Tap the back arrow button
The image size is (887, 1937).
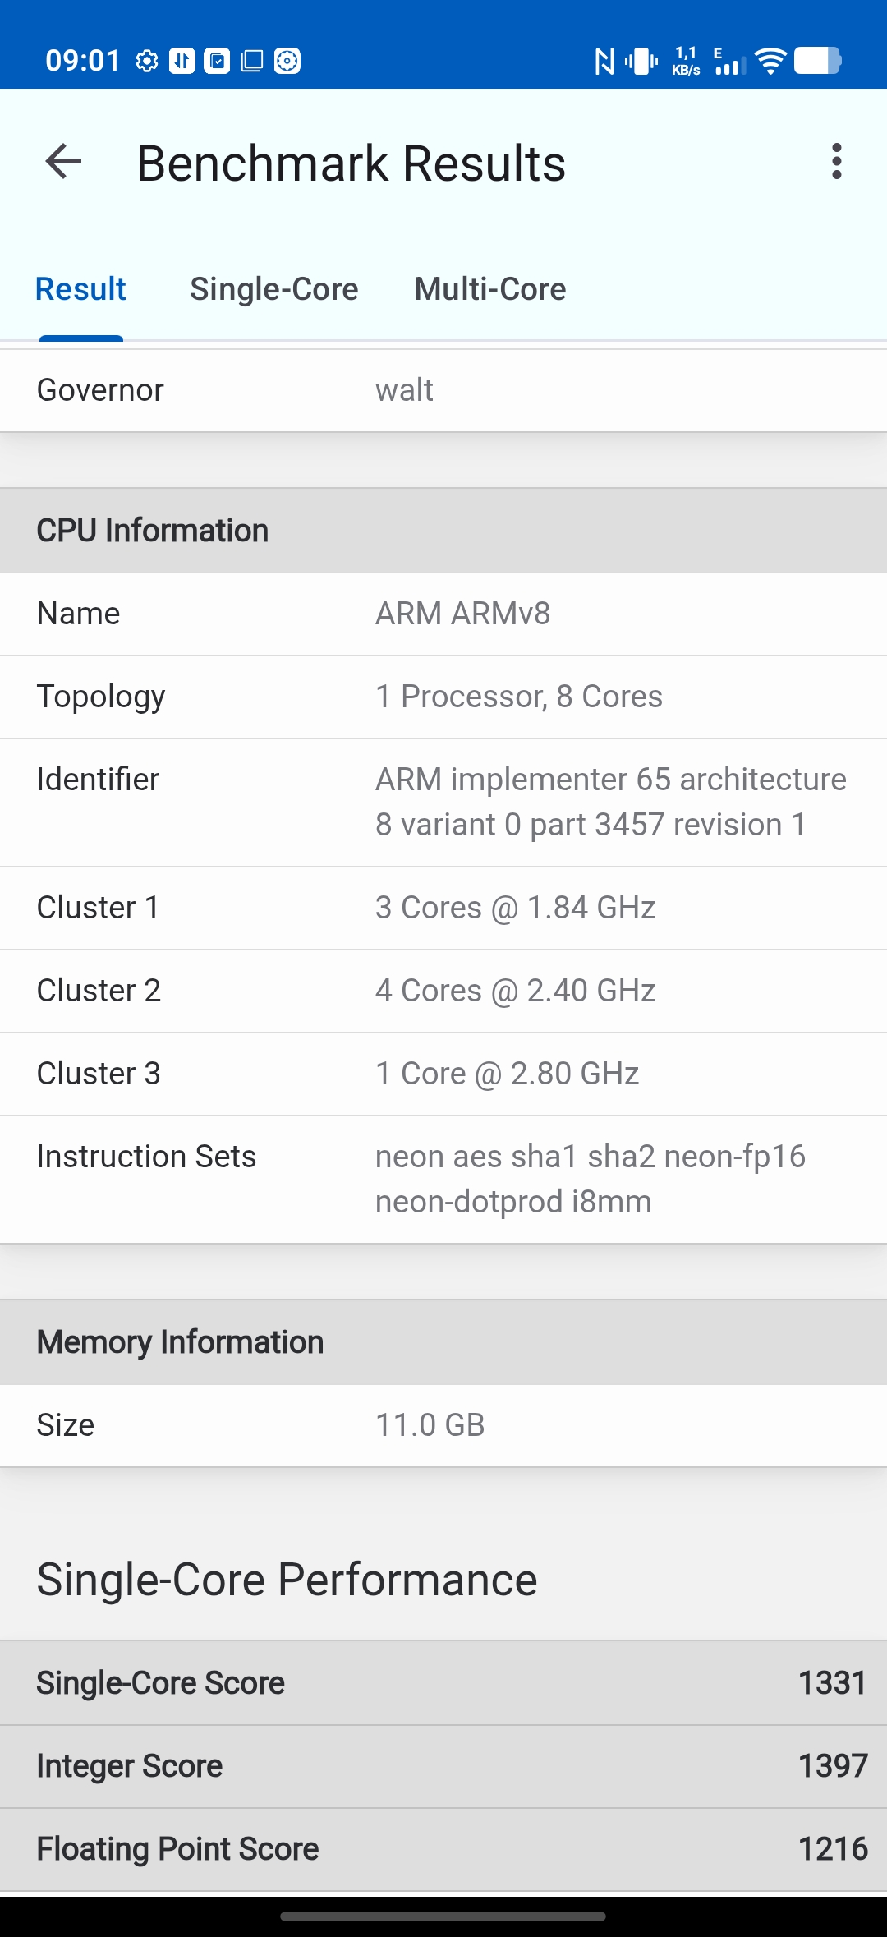pos(63,162)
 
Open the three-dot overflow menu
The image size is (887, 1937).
pos(836,162)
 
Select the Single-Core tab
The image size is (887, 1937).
pos(273,289)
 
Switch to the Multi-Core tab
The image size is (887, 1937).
pos(489,289)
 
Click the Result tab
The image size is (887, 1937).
pos(80,289)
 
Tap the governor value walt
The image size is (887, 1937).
pos(404,390)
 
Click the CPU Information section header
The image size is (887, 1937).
pos(153,531)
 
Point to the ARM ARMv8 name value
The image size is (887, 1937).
pos(462,614)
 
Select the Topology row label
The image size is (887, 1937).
pos(101,697)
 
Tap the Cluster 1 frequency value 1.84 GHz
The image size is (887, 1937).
pos(591,908)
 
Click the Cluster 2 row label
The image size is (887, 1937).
pos(99,991)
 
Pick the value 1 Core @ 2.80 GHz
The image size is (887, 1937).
pos(507,1074)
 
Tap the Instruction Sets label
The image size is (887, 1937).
pos(146,1157)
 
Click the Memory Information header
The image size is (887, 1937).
pos(180,1342)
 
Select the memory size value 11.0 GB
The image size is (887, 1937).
pos(430,1425)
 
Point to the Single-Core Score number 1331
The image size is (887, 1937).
pos(832,1683)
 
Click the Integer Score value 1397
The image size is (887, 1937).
pos(832,1766)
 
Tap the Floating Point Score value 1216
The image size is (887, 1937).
pos(832,1849)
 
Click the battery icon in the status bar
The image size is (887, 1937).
pos(817,61)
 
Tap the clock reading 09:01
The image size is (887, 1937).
pos(82,61)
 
